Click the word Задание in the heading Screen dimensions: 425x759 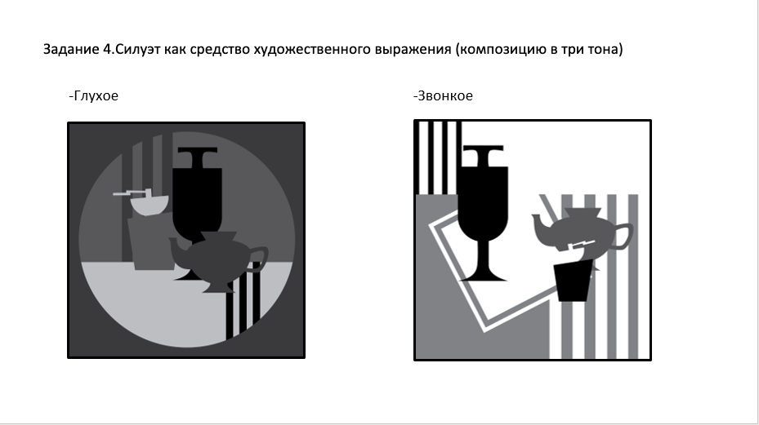[x=71, y=50]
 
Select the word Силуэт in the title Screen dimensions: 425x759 [x=139, y=50]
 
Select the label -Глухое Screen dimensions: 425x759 [x=94, y=96]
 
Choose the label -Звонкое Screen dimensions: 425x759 [x=444, y=96]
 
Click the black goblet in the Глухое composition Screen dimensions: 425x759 [x=198, y=196]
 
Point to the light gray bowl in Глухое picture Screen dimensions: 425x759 [x=149, y=206]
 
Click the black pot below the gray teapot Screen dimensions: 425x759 [x=575, y=281]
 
